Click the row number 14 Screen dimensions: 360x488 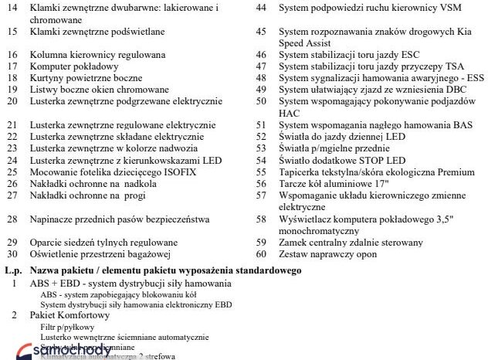point(12,8)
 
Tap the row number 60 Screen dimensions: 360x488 point(261,254)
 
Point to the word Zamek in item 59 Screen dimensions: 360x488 point(294,243)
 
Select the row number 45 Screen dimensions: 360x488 point(261,32)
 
